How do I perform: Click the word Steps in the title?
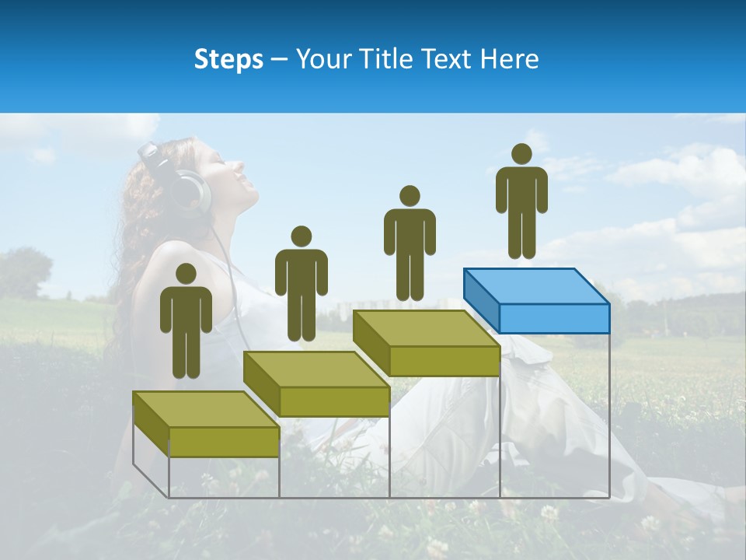228,59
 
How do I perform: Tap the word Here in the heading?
509,59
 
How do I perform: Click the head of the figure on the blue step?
521,154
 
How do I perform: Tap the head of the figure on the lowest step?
186,274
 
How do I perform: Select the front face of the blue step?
554,318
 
